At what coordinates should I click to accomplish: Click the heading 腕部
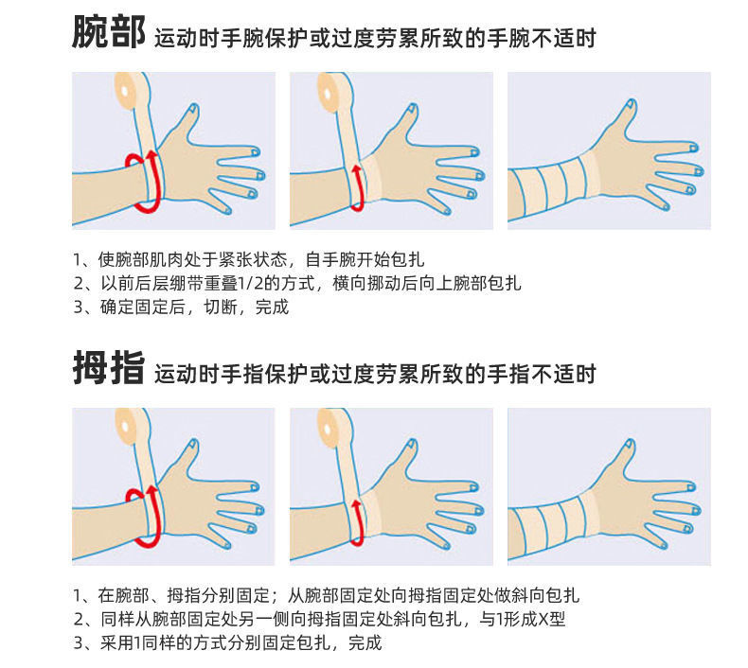pyautogui.click(x=108, y=34)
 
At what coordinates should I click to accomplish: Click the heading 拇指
pyautogui.click(x=108, y=369)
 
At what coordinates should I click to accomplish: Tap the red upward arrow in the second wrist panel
pyautogui.click(x=357, y=179)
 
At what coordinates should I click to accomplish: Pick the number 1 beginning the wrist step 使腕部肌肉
pyautogui.click(x=77, y=259)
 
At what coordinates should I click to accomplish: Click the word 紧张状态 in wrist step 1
pyautogui.click(x=256, y=258)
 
